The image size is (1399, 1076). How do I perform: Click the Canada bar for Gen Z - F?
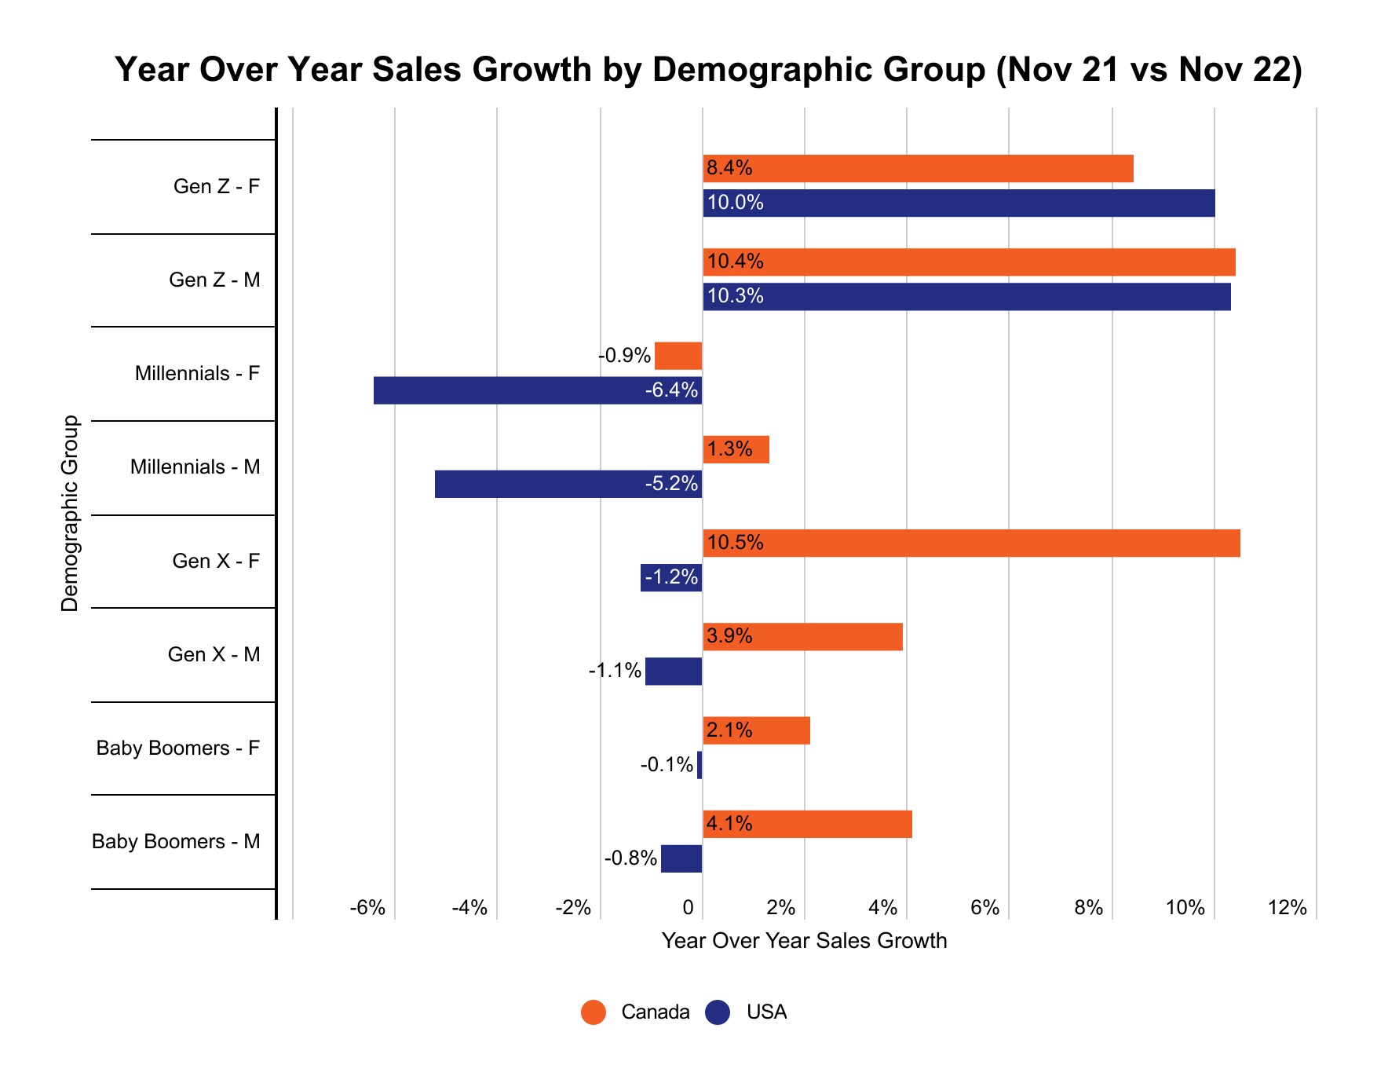(x=918, y=168)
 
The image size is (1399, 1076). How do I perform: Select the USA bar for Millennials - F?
(x=537, y=390)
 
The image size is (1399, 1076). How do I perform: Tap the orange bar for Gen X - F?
(x=971, y=543)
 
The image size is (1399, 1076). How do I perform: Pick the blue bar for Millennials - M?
(x=568, y=484)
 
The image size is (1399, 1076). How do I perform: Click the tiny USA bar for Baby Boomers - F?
(x=699, y=765)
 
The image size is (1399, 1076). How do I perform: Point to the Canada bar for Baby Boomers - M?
(x=807, y=824)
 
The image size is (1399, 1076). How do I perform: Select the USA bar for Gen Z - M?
(x=966, y=297)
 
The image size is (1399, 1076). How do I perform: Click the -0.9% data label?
(x=624, y=356)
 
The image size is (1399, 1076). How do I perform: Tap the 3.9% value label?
(x=729, y=636)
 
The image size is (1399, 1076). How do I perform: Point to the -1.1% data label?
(x=615, y=672)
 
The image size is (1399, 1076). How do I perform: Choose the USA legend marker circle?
(x=718, y=1012)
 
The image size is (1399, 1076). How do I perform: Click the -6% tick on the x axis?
(x=367, y=908)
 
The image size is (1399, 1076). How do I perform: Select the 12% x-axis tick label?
(x=1288, y=908)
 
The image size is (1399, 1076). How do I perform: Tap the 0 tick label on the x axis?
(x=689, y=908)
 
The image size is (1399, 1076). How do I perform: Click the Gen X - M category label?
(x=214, y=654)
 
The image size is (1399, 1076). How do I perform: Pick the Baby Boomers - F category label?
(x=177, y=748)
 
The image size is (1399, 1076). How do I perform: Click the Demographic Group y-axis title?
(x=70, y=514)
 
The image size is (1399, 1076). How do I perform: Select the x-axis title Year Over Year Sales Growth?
(x=804, y=941)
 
